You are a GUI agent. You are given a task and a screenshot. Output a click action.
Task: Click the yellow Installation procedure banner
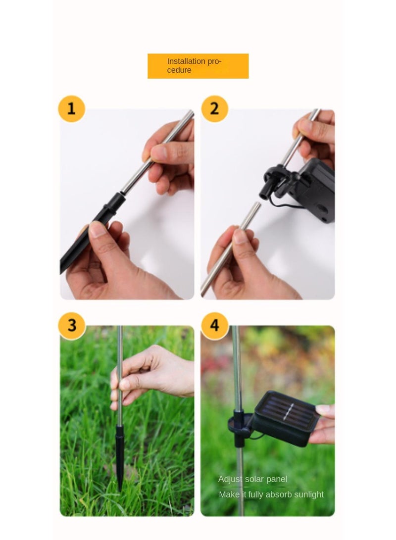click(x=198, y=66)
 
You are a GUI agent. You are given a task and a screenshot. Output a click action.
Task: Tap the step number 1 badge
click(x=71, y=108)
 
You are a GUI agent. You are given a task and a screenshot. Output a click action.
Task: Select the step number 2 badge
click(x=214, y=108)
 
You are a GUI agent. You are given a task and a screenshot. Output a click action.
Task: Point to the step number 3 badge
click(x=72, y=325)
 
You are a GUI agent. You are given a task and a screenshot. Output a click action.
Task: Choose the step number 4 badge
click(x=214, y=325)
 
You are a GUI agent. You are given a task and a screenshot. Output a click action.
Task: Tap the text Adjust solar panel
click(x=252, y=479)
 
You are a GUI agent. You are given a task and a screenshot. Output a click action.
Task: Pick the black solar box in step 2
click(x=317, y=191)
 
